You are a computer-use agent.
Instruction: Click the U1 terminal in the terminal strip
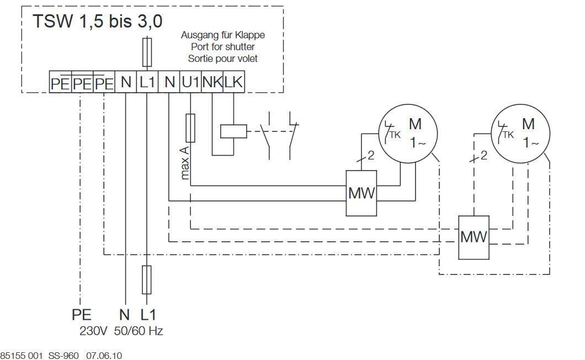(x=190, y=81)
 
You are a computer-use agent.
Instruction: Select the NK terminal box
(x=212, y=81)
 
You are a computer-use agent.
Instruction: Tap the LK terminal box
(x=234, y=81)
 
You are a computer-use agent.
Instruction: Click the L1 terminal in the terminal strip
(x=147, y=81)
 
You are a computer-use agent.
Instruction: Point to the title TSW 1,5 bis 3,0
(x=98, y=21)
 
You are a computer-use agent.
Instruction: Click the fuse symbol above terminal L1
(x=147, y=52)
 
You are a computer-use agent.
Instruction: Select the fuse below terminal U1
(x=190, y=128)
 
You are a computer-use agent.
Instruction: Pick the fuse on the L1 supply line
(x=147, y=280)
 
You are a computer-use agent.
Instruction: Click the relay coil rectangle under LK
(x=233, y=131)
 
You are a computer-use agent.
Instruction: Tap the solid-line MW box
(x=361, y=193)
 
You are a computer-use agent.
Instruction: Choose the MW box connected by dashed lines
(x=474, y=237)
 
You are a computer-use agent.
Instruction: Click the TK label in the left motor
(x=395, y=135)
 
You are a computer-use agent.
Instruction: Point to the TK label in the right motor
(x=508, y=135)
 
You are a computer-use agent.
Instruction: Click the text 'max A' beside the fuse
(x=184, y=163)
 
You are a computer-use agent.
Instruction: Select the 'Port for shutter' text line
(x=223, y=47)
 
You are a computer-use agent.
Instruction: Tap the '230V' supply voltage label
(x=93, y=331)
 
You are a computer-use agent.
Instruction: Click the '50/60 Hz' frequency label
(x=139, y=331)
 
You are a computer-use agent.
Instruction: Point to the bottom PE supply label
(x=81, y=315)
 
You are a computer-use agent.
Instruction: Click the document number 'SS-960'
(x=63, y=355)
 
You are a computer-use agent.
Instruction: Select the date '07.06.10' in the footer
(x=104, y=355)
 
